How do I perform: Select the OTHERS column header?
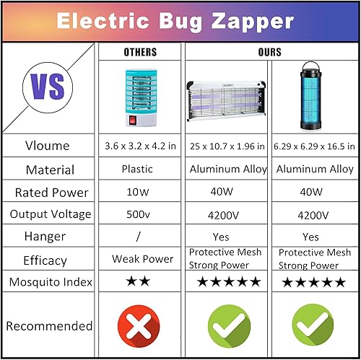pos(141,53)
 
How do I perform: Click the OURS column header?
pos(269,53)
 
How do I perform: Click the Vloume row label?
pos(48,146)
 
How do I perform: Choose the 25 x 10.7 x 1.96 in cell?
pos(227,146)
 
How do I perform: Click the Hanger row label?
pos(48,237)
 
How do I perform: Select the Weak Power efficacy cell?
pos(142,259)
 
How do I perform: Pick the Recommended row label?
pos(49,326)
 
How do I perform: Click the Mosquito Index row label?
pos(48,281)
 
